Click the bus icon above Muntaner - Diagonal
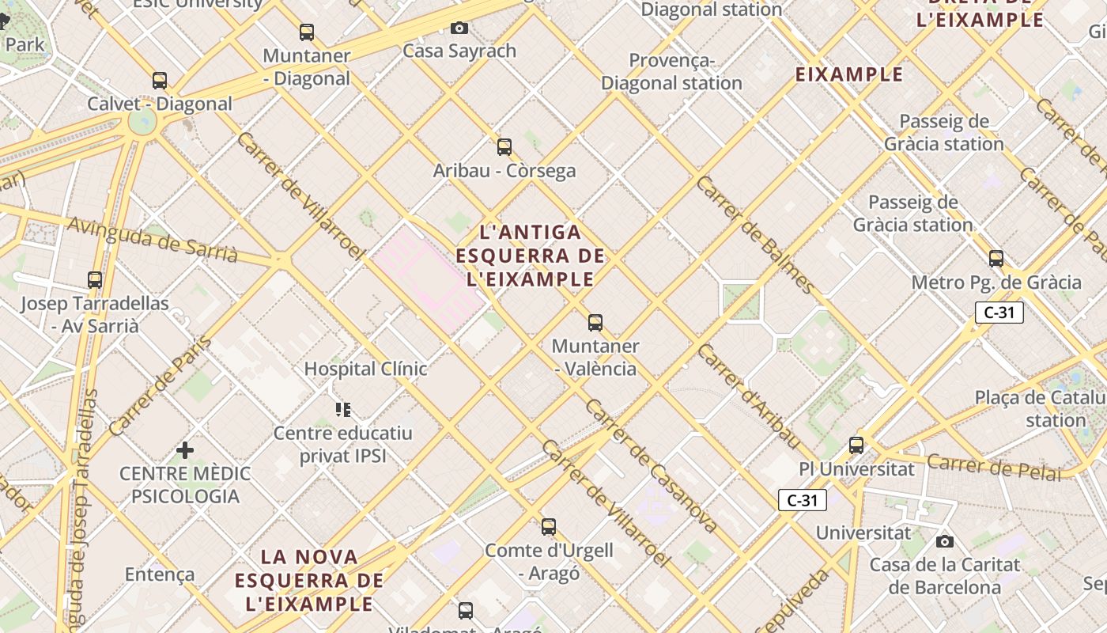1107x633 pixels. (x=307, y=32)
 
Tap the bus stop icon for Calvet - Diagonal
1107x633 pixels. (x=160, y=81)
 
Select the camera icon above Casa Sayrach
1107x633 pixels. (x=459, y=28)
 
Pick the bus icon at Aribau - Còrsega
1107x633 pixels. (x=504, y=147)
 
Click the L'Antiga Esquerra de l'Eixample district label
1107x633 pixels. (x=531, y=256)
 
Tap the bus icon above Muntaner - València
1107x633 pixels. (x=595, y=323)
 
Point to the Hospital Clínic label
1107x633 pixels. (x=365, y=369)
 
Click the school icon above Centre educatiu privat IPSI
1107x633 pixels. (x=342, y=409)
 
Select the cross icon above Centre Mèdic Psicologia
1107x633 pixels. (x=185, y=450)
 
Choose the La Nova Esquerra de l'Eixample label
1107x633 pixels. (x=309, y=580)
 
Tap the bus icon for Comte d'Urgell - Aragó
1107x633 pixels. (x=549, y=527)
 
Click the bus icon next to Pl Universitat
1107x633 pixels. (x=856, y=445)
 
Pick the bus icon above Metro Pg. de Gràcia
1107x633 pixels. (x=996, y=259)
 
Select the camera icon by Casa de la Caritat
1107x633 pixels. (x=944, y=542)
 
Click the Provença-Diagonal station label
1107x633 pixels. (x=671, y=71)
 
